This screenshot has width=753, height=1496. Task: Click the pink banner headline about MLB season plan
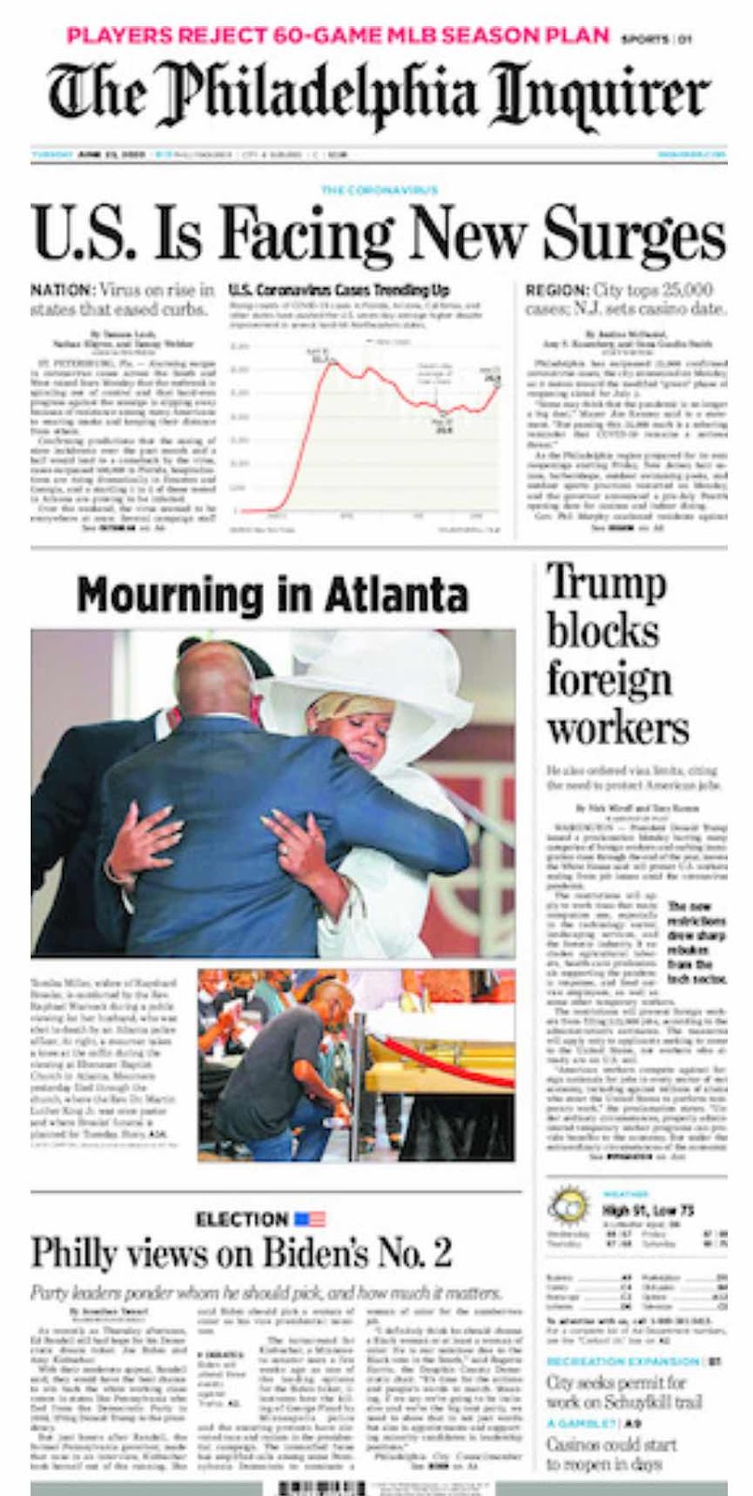coord(338,36)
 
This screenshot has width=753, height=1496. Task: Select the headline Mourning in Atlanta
coord(271,594)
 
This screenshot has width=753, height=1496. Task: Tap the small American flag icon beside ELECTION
coord(310,1219)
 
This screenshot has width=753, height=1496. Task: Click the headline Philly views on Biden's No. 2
coord(241,1253)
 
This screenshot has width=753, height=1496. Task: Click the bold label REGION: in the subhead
coord(556,290)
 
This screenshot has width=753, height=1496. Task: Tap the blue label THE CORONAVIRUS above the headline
coord(378,190)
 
